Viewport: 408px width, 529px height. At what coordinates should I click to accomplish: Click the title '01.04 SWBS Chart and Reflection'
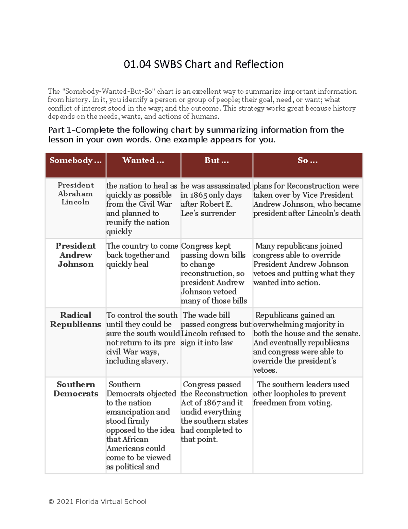pyautogui.click(x=204, y=64)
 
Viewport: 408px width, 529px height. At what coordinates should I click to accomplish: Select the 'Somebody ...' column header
pyautogui.click(x=75, y=160)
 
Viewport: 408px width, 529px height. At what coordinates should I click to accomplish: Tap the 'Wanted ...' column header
pyautogui.click(x=143, y=160)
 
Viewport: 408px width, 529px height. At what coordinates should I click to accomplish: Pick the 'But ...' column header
pyautogui.click(x=217, y=160)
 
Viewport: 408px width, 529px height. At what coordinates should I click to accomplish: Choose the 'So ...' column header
pyautogui.click(x=307, y=160)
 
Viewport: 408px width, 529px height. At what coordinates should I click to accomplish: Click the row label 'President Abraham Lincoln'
pyautogui.click(x=75, y=193)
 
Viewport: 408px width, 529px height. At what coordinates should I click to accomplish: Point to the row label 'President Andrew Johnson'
pyautogui.click(x=75, y=255)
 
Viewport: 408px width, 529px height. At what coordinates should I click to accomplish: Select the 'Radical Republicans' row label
pyautogui.click(x=75, y=320)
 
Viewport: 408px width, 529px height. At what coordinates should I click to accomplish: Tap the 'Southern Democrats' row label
pyautogui.click(x=75, y=389)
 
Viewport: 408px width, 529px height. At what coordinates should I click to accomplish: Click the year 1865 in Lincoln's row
pyautogui.click(x=199, y=195)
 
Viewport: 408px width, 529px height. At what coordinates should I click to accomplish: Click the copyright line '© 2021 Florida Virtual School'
pyautogui.click(x=97, y=501)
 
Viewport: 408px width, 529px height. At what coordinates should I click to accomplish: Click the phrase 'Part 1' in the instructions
pyautogui.click(x=61, y=130)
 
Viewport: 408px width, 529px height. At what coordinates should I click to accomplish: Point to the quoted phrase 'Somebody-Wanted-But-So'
pyautogui.click(x=108, y=91)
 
